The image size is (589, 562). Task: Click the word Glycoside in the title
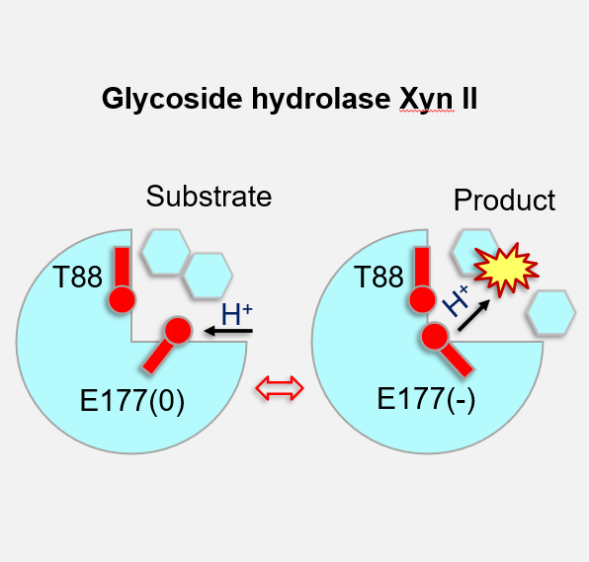(x=172, y=99)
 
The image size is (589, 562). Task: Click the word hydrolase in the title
(x=321, y=99)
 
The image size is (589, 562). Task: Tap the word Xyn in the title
(x=427, y=100)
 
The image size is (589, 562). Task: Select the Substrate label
(x=209, y=196)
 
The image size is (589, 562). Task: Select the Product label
(x=504, y=201)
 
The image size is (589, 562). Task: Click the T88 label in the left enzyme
(x=78, y=277)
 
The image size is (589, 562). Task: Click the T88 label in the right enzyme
(x=379, y=277)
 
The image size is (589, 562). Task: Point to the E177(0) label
(x=132, y=401)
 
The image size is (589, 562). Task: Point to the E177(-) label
(x=426, y=399)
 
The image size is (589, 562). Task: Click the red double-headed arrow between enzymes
(x=280, y=388)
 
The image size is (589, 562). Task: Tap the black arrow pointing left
(x=228, y=331)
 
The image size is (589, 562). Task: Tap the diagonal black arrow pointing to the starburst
(x=474, y=315)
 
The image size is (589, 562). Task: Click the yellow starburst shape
(x=506, y=269)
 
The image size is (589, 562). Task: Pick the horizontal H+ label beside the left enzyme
(x=236, y=314)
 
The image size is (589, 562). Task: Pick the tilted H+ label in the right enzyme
(x=457, y=301)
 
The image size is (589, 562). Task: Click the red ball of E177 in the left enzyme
(x=178, y=331)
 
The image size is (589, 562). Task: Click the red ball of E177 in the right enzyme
(x=435, y=337)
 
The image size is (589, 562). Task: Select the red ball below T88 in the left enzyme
(x=123, y=300)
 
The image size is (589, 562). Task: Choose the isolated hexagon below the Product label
(x=551, y=312)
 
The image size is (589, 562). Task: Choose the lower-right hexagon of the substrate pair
(x=209, y=276)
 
